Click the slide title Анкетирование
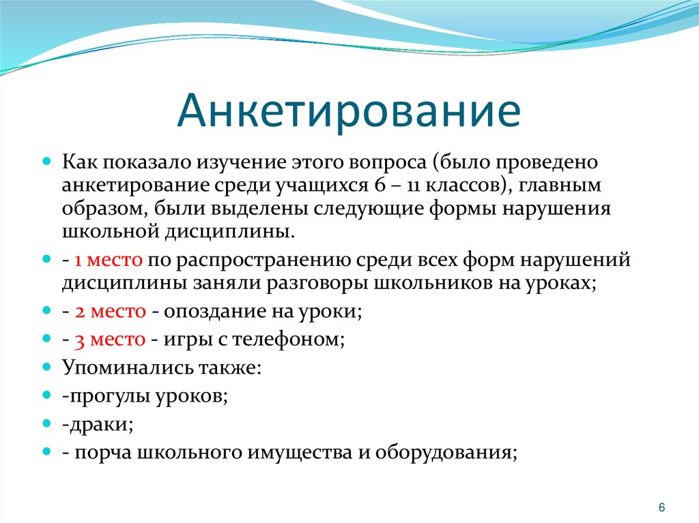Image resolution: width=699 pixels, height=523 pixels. tap(348, 111)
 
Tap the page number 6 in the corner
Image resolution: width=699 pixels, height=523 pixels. tap(661, 508)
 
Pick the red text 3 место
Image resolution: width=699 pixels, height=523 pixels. tap(109, 338)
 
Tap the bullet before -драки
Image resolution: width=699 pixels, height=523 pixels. tap(47, 423)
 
